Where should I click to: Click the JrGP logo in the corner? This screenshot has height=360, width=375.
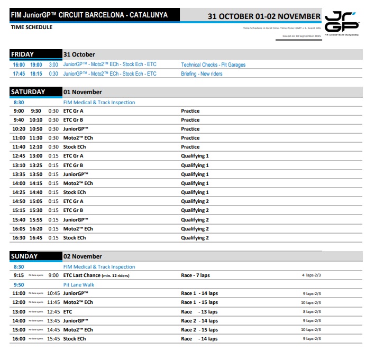(x=343, y=23)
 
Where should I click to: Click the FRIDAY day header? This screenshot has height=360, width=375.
(x=22, y=54)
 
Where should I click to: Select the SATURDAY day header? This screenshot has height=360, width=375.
(x=28, y=92)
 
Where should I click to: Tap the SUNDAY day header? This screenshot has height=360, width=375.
(x=24, y=256)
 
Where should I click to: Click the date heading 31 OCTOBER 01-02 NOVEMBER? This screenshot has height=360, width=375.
(x=264, y=16)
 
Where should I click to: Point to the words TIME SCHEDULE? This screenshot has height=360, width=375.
(x=31, y=27)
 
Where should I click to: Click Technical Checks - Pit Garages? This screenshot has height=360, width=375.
(x=213, y=65)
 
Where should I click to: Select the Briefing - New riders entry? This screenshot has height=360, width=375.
(x=202, y=74)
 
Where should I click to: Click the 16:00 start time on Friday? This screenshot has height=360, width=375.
(x=19, y=65)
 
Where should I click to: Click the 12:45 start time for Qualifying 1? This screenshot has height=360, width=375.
(x=19, y=156)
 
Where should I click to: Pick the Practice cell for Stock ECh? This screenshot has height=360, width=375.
(x=190, y=147)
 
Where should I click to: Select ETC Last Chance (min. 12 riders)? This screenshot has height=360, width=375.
(x=96, y=275)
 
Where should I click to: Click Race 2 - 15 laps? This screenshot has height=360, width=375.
(x=199, y=330)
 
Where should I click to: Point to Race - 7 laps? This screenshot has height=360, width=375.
(x=195, y=275)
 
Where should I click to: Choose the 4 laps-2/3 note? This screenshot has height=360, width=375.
(x=311, y=275)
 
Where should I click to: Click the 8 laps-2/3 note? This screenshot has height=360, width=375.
(x=311, y=312)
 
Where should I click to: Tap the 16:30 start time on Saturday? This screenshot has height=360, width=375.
(x=19, y=238)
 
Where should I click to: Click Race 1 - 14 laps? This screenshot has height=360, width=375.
(x=199, y=293)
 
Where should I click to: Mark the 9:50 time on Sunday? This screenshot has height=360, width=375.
(x=19, y=284)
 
